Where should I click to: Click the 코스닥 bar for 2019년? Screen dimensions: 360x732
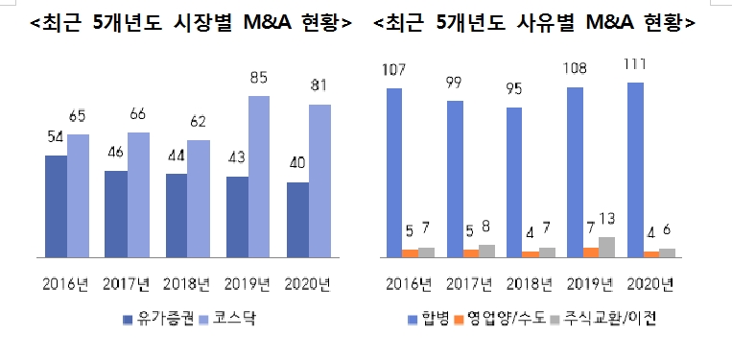(x=259, y=178)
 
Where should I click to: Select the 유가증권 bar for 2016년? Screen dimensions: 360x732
(x=56, y=206)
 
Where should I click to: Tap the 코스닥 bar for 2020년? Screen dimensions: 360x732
(x=319, y=181)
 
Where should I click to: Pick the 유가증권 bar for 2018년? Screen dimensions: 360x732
(x=177, y=216)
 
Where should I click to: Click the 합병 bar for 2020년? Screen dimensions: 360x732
(x=634, y=170)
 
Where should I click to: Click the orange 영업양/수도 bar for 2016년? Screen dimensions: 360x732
(x=410, y=253)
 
